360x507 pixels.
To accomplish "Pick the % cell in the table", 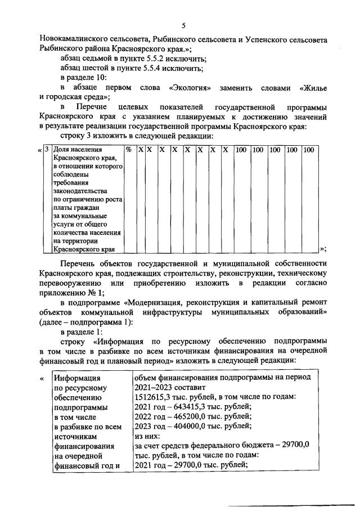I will [128, 150].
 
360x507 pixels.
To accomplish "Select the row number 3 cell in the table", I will [47, 150].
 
